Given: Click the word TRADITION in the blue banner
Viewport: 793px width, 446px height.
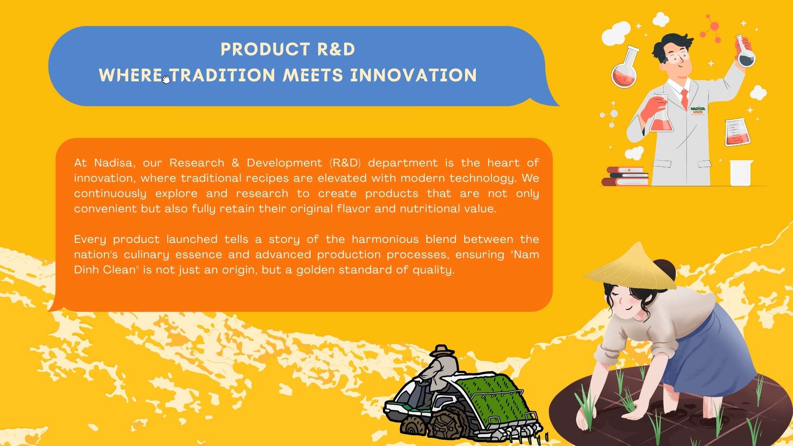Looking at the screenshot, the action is (223, 76).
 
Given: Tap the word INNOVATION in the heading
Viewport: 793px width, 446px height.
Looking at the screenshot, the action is (413, 76).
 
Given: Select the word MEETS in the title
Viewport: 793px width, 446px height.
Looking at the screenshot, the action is (313, 76).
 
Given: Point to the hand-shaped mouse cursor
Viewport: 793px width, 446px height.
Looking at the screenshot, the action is (166, 79).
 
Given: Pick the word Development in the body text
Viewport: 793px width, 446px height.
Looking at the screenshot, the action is (284, 163).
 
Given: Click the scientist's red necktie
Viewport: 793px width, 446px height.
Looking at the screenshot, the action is (684, 99).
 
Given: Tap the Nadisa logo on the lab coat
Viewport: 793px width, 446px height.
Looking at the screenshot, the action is (698, 110).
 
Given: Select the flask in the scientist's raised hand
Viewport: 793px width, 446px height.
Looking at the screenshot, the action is (745, 52).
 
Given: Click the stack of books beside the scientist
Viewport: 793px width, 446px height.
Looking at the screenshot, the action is (625, 176).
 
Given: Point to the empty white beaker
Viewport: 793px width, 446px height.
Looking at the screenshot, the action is (741, 173).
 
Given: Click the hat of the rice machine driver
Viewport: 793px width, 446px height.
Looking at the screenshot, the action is (442, 351).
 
